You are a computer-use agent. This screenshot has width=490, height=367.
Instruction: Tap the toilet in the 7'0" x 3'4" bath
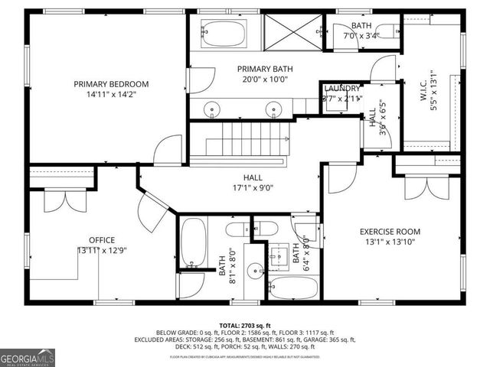(388, 31)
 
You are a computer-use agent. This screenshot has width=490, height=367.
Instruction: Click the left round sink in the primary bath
(213, 109)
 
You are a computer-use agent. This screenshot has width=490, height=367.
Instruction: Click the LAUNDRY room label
(341, 88)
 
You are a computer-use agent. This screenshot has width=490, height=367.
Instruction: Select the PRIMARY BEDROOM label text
(111, 84)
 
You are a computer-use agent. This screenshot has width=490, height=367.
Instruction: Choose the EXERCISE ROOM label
(390, 232)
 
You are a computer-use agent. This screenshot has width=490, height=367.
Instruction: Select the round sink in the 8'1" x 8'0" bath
(258, 269)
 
